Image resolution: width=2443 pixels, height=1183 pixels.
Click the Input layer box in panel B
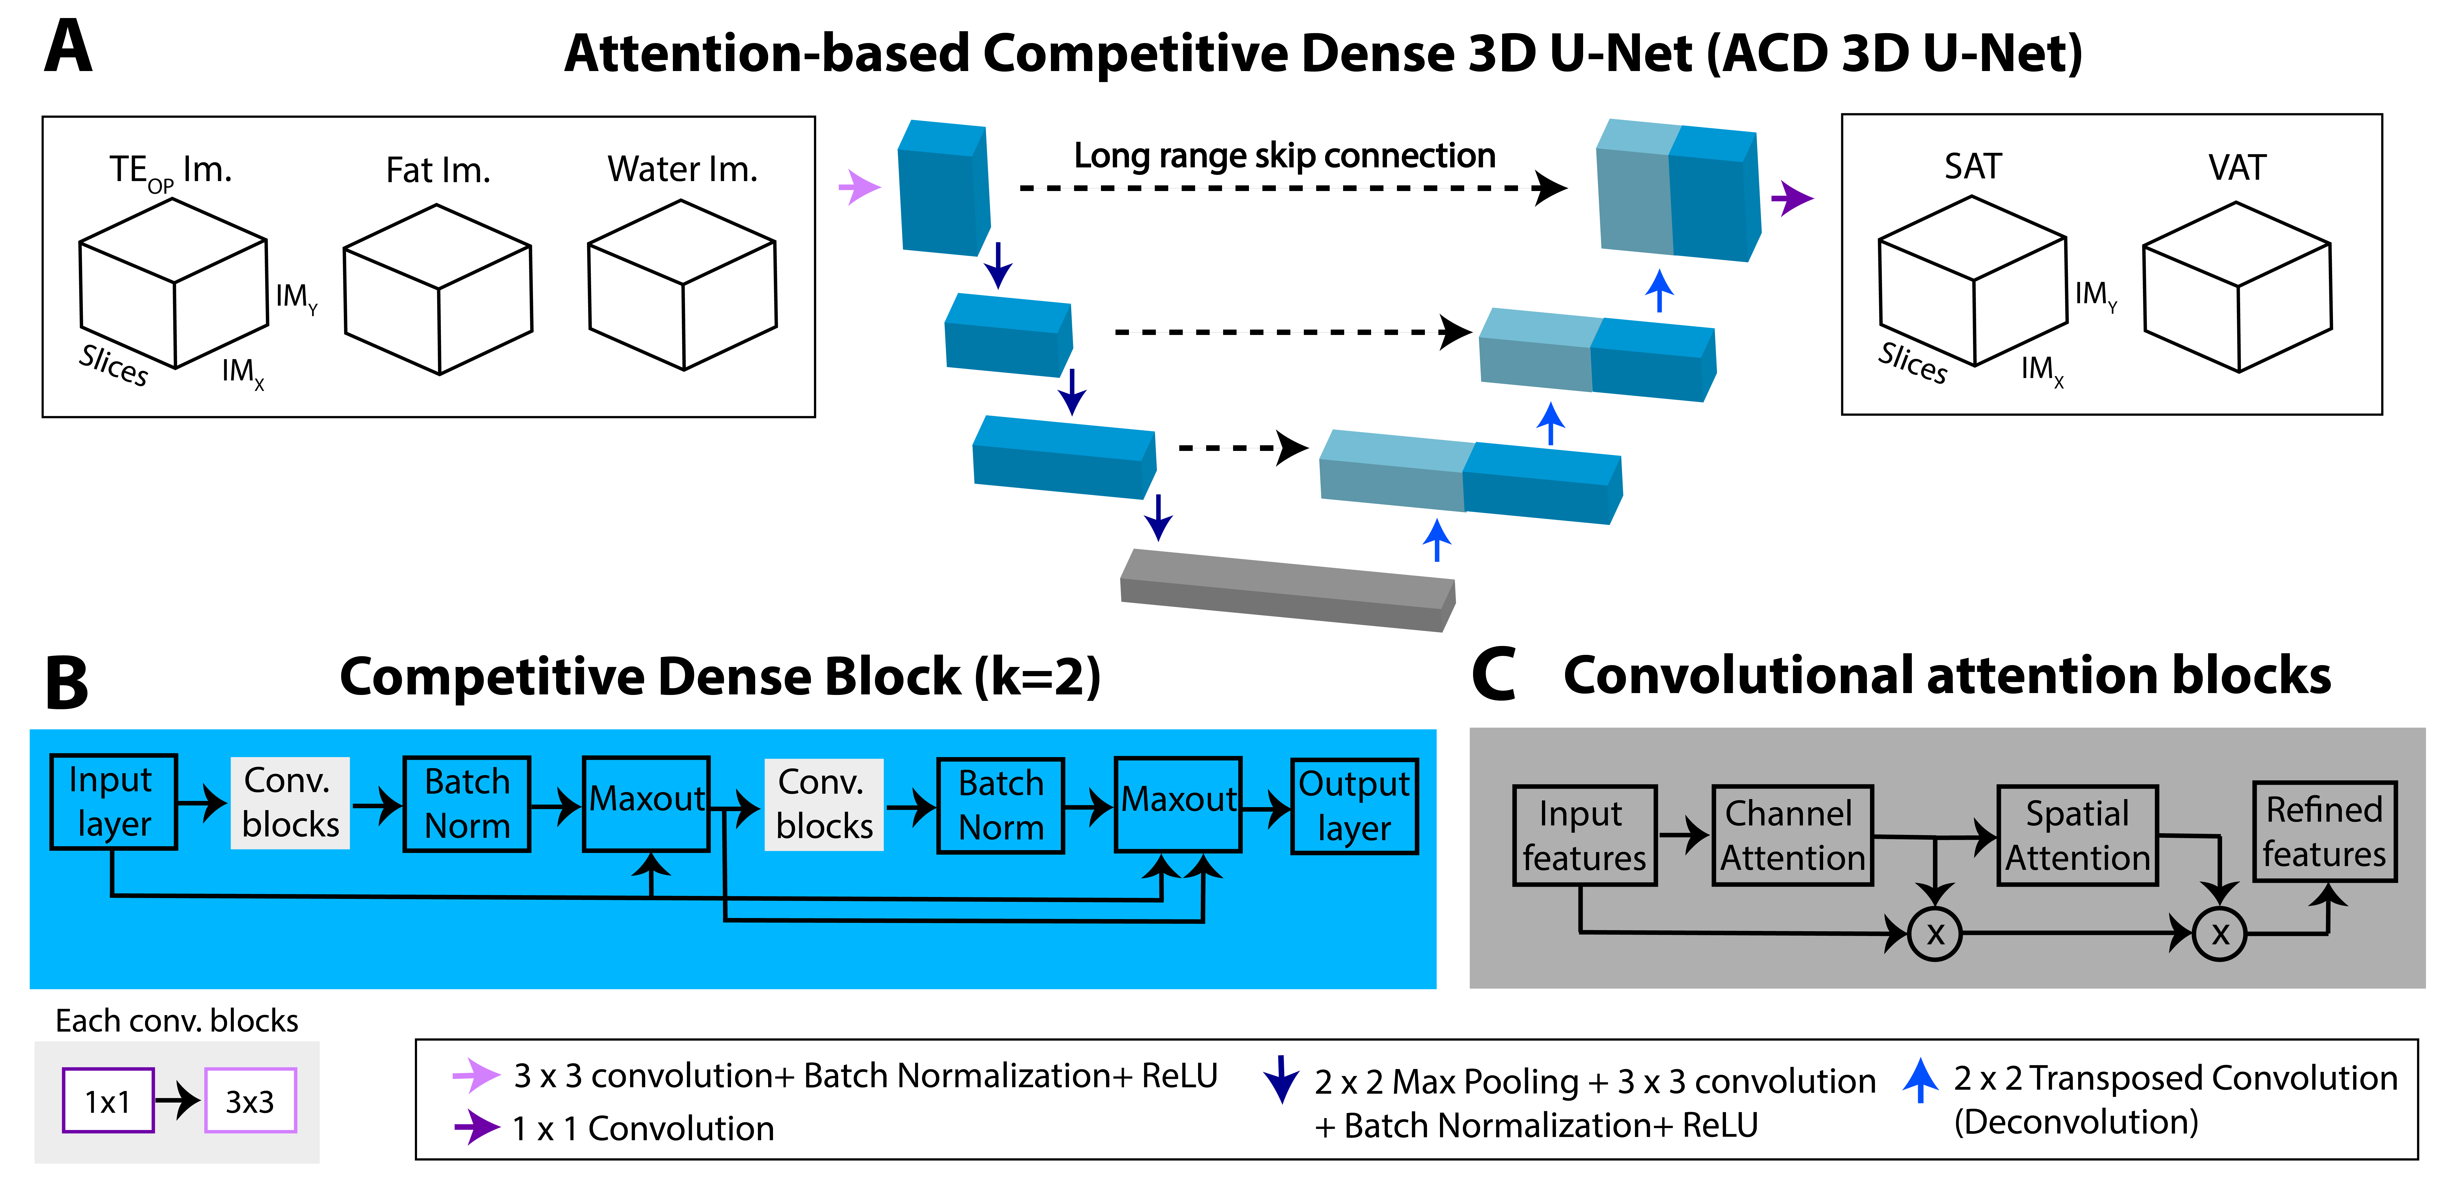113,802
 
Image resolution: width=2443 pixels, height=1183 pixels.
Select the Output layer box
1354,806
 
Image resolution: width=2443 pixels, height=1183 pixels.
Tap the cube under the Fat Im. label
437,289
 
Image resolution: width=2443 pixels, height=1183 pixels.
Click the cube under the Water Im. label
682,285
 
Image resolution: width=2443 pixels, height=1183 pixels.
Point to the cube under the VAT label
2236,287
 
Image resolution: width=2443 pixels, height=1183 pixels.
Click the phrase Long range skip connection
1284,156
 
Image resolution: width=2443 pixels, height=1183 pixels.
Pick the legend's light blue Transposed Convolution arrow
1920,1080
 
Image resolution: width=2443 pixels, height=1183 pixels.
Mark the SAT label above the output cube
1973,167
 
